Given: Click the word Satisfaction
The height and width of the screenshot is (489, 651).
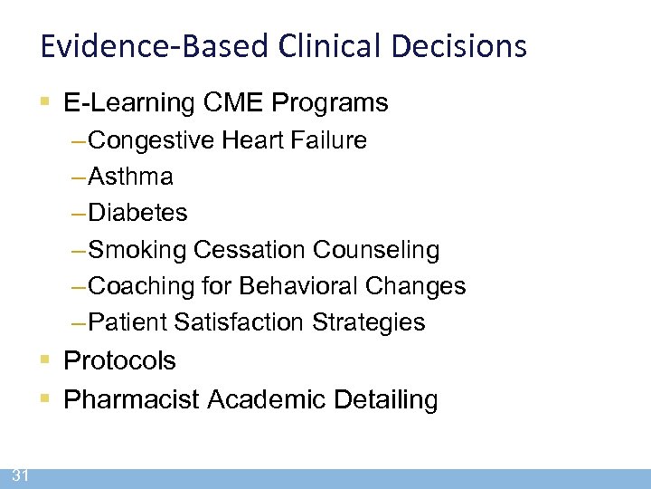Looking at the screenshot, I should (x=241, y=322).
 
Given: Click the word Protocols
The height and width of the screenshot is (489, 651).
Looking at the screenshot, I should (x=120, y=360).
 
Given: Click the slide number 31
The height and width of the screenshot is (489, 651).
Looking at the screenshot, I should (x=21, y=476).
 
